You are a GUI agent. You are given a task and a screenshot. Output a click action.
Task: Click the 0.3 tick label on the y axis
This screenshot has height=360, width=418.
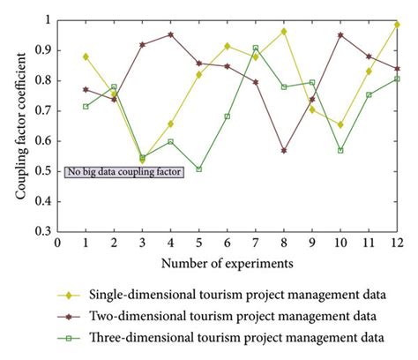(x=41, y=231)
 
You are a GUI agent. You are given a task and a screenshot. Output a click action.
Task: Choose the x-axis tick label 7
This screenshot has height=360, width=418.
(x=256, y=243)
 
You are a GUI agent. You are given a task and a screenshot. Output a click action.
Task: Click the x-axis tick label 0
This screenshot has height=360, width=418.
(x=57, y=243)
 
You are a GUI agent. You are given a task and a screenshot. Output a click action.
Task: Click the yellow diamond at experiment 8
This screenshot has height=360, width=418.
(x=284, y=32)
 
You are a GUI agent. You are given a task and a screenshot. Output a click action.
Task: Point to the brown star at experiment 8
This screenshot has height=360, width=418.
(x=284, y=151)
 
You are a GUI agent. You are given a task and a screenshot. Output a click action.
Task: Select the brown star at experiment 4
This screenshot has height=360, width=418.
(x=170, y=35)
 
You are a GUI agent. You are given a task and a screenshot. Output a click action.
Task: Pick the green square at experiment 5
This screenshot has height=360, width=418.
(x=198, y=169)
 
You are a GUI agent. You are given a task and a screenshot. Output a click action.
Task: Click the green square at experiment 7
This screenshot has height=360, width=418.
(x=256, y=49)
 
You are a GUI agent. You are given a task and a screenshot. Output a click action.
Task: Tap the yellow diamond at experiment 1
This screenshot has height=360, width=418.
(x=86, y=56)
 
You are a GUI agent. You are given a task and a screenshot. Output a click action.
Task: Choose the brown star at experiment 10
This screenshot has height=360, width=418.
(x=340, y=35)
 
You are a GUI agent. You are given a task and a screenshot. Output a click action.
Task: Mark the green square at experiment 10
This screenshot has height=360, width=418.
(x=340, y=150)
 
